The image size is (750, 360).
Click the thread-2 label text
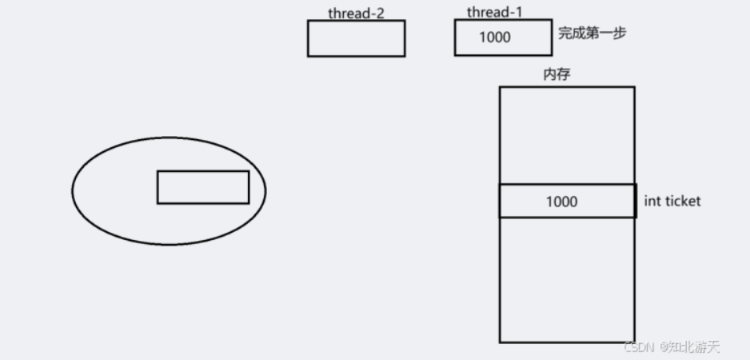[356, 13]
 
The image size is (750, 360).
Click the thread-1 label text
[496, 12]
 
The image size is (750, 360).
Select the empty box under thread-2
[356, 38]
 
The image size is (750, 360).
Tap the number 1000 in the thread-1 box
[495, 38]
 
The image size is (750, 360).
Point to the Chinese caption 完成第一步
[592, 34]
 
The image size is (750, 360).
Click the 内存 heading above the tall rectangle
[557, 74]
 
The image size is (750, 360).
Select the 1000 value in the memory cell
[561, 202]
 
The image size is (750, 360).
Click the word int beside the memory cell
[652, 201]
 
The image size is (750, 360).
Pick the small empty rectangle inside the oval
[203, 187]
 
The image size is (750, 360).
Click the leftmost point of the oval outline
[72, 190]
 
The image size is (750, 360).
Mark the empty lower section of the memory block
[567, 280]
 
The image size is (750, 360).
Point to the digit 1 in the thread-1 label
[520, 12]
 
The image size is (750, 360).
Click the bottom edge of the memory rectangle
[567, 342]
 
